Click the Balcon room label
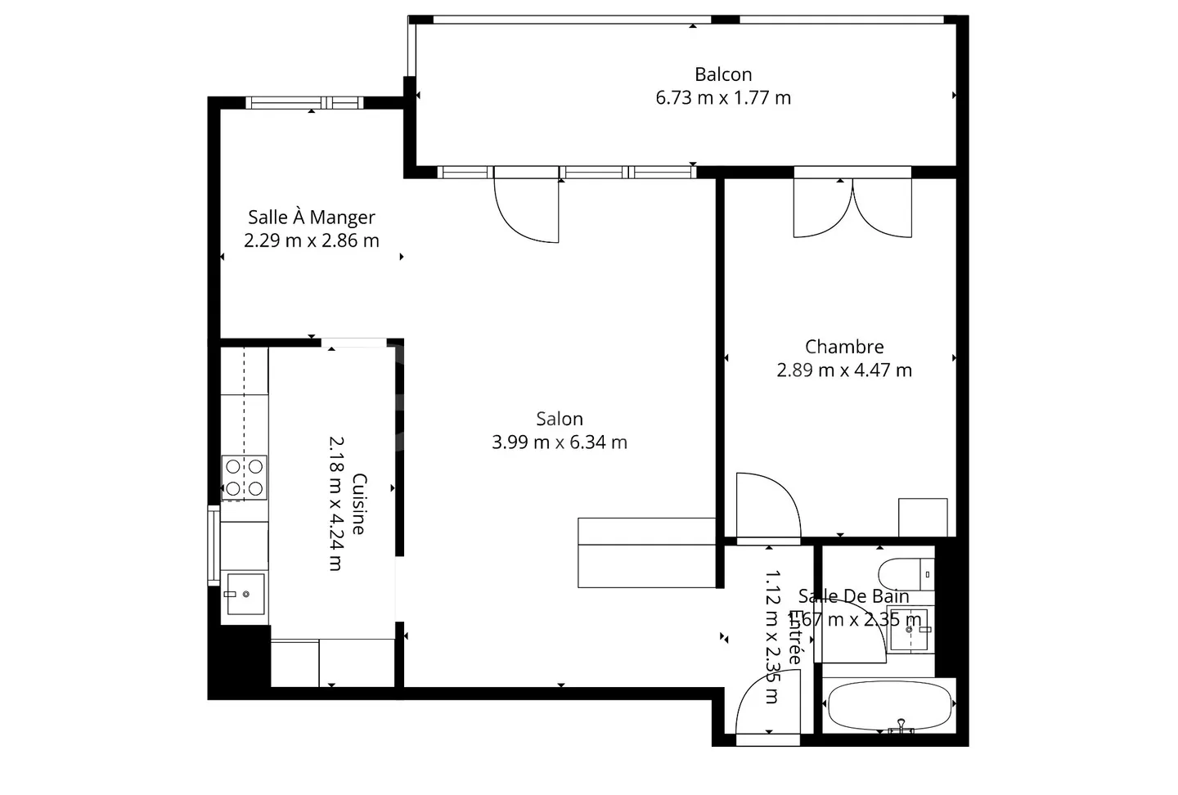[x=723, y=74]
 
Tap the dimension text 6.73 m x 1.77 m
[x=723, y=98]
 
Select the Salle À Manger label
[x=312, y=218]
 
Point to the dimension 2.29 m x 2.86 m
[x=312, y=240]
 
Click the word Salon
[x=560, y=419]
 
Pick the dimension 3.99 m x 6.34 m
[x=560, y=442]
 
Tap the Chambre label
[x=844, y=347]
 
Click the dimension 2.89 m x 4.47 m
[x=844, y=371]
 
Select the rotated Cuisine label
[x=358, y=504]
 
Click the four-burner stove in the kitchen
[x=245, y=478]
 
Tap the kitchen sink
[x=245, y=594]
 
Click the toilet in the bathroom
[x=906, y=574]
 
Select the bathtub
[x=890, y=705]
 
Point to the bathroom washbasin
[x=909, y=629]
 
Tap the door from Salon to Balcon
[x=527, y=209]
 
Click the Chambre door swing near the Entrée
[x=767, y=507]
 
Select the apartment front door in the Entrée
[x=767, y=710]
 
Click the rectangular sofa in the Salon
[x=646, y=553]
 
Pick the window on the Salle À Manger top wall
[x=304, y=103]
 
